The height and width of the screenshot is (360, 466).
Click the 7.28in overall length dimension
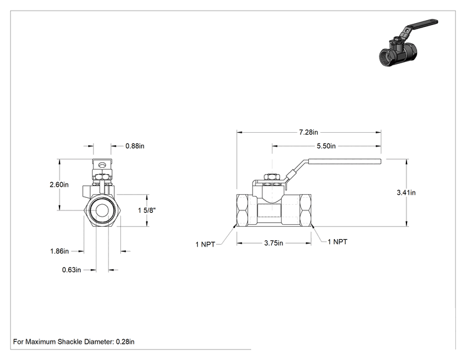(309, 132)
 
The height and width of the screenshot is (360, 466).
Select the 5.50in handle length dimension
(326, 146)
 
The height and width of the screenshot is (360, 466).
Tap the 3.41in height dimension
(406, 192)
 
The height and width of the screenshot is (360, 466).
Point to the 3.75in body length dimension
(274, 243)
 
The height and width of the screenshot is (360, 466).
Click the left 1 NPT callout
(205, 244)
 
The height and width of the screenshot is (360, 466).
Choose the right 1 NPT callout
(338, 242)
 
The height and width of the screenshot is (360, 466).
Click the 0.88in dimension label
(135, 146)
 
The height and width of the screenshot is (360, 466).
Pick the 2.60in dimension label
(59, 185)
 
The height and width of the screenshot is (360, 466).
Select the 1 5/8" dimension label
(147, 210)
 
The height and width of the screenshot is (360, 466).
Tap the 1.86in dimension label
(59, 251)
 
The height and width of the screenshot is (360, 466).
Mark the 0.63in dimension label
(71, 270)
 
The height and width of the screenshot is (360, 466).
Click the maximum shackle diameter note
(74, 342)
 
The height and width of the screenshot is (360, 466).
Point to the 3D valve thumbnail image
(408, 43)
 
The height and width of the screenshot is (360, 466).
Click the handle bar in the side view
(344, 162)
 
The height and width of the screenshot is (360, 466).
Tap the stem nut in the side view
(271, 177)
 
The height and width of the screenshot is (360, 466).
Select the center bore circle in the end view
(103, 210)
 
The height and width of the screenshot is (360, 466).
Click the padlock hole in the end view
(102, 165)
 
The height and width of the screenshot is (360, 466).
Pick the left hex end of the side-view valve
(242, 210)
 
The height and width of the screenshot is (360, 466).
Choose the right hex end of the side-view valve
(305, 210)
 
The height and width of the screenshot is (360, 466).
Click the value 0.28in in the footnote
(125, 342)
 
